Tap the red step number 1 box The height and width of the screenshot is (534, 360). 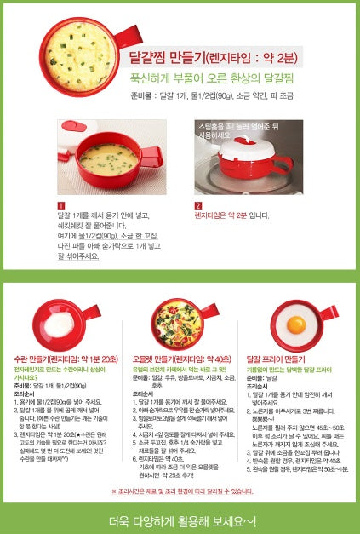[60, 205]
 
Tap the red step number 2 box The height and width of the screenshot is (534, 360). [198, 205]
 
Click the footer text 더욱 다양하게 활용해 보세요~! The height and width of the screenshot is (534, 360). [180, 520]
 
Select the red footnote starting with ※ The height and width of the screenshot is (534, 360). [180, 491]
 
